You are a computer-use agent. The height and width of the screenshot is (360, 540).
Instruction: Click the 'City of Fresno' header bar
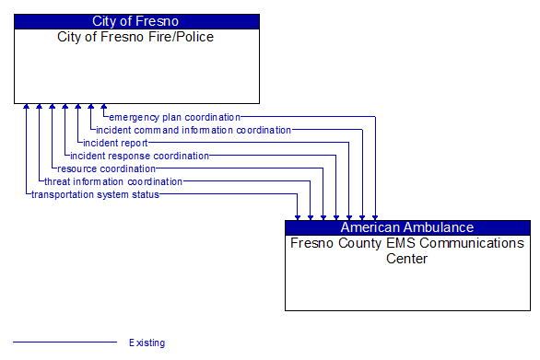click(x=136, y=21)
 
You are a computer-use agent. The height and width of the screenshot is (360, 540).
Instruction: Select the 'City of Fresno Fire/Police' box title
click(x=136, y=37)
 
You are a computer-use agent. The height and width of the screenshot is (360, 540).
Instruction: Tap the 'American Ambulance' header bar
click(x=407, y=227)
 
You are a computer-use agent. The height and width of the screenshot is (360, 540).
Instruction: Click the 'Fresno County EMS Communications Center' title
click(x=407, y=250)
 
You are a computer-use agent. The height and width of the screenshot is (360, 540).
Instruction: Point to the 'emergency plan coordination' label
click(x=174, y=117)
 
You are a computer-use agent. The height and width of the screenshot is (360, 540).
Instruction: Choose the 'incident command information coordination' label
click(x=194, y=130)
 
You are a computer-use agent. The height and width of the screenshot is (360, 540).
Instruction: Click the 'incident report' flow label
click(x=115, y=143)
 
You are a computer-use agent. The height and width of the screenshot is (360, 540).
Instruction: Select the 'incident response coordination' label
click(x=140, y=156)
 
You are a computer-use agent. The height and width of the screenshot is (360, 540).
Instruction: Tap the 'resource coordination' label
click(x=106, y=168)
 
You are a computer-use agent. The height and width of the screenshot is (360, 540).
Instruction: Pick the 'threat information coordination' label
click(x=113, y=181)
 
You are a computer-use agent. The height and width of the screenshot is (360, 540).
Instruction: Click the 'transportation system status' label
click(x=95, y=194)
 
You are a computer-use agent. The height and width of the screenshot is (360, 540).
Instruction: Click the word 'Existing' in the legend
click(x=147, y=343)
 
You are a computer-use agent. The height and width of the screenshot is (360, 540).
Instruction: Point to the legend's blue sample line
click(x=65, y=343)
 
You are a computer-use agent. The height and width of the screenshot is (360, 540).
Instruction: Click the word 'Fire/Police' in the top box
click(x=182, y=37)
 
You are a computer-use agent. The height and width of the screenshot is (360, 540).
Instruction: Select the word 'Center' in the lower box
click(x=407, y=259)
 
